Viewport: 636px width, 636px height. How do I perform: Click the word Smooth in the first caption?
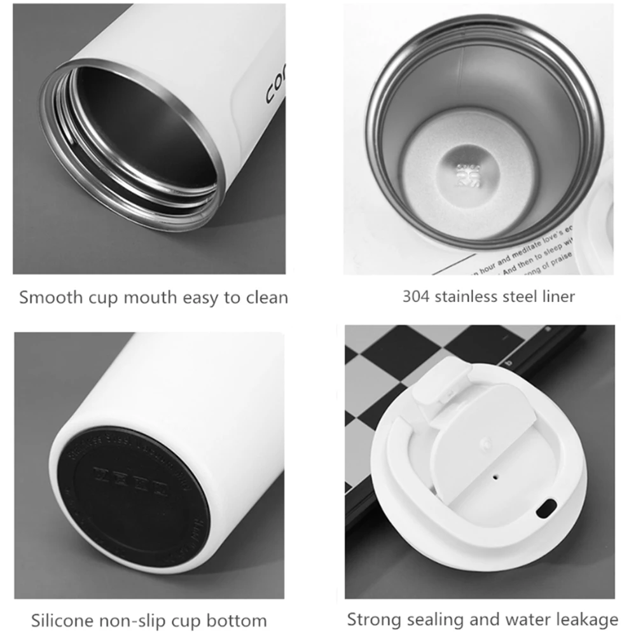click(49, 297)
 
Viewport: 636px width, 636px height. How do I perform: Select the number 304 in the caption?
click(415, 296)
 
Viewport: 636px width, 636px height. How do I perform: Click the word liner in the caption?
click(556, 296)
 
